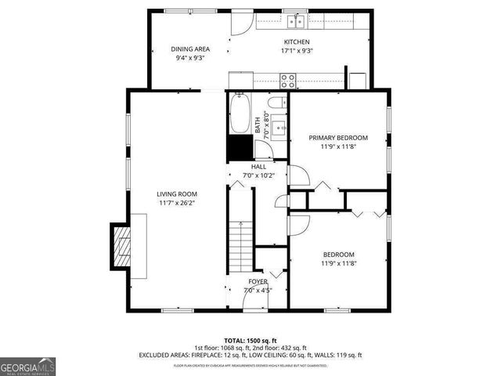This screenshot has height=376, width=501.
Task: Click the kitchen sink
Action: (x=297, y=21)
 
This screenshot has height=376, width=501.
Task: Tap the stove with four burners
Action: (x=288, y=78)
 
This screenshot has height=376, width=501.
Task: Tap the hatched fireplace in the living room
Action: (x=119, y=247)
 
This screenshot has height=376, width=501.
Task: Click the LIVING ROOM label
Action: (x=176, y=193)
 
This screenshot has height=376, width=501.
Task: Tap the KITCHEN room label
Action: (x=297, y=42)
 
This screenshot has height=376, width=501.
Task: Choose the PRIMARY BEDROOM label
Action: (x=338, y=137)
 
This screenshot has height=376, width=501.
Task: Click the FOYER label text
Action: (x=258, y=281)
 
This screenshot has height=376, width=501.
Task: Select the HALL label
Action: (x=258, y=167)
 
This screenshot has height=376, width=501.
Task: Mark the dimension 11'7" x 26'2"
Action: (x=176, y=203)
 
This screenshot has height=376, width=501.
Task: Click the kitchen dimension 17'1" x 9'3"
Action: (x=297, y=50)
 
